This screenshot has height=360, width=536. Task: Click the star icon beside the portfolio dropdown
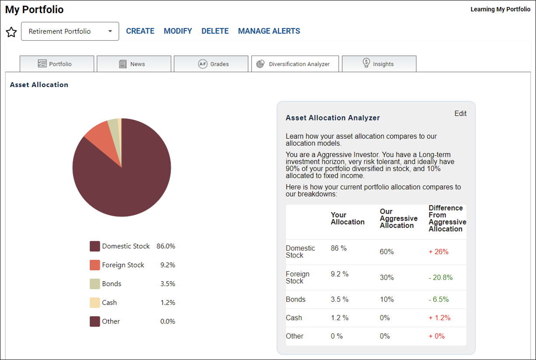(x=11, y=32)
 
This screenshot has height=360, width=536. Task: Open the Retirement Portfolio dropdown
(x=70, y=31)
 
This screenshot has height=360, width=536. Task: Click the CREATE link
(x=140, y=31)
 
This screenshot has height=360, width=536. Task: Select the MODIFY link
(x=178, y=31)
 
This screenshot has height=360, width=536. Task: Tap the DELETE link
(x=215, y=31)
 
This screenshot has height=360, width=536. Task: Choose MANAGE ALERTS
(x=269, y=31)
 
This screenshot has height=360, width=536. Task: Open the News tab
(x=134, y=64)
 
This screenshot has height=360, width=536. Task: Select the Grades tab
(x=211, y=64)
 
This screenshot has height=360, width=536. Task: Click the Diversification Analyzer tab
(x=295, y=64)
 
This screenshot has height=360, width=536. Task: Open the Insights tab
(x=379, y=64)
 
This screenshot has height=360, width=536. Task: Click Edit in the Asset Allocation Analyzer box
(x=460, y=113)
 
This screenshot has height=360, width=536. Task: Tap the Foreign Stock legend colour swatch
(x=95, y=265)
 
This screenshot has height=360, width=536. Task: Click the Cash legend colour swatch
(x=95, y=303)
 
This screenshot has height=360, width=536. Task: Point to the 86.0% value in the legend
(x=166, y=246)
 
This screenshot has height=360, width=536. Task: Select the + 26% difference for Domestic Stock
(x=438, y=252)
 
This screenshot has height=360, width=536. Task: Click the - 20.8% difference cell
(x=441, y=277)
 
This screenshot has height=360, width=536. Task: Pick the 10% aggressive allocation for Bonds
(x=387, y=299)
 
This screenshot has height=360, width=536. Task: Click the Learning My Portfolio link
(x=501, y=9)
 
